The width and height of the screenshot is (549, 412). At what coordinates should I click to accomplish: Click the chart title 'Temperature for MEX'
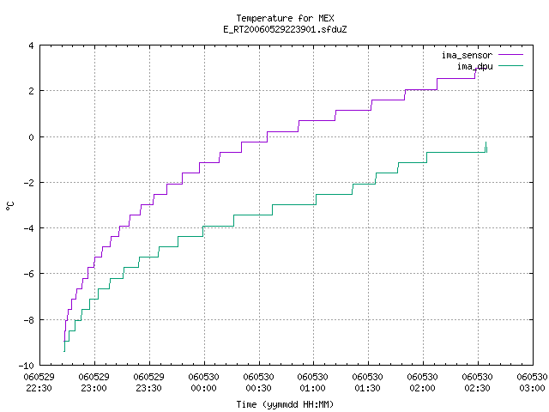(x=285, y=18)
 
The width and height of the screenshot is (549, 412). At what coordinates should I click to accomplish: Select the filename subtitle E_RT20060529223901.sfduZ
(x=285, y=29)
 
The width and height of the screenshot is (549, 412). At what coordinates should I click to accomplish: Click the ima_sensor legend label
(x=467, y=55)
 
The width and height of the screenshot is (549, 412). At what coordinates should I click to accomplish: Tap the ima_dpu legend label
(x=475, y=66)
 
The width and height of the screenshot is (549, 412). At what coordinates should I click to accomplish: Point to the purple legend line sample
(x=510, y=55)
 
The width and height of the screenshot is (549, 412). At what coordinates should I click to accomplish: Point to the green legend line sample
(x=510, y=65)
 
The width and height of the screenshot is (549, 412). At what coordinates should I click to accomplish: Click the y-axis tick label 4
(x=31, y=45)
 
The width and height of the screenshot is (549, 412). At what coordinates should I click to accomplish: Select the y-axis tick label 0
(x=31, y=137)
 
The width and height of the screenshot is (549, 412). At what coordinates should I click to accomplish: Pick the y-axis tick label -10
(x=26, y=366)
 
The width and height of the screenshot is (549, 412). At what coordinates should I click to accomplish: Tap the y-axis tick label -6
(x=28, y=274)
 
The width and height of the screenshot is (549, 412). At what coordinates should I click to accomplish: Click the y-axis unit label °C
(x=9, y=206)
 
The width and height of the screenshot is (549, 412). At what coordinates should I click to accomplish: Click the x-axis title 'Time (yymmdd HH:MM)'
(x=285, y=404)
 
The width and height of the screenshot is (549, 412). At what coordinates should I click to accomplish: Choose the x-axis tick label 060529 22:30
(x=39, y=383)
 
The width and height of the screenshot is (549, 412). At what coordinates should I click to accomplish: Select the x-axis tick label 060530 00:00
(x=204, y=383)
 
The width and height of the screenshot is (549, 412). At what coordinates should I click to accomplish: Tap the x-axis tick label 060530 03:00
(x=532, y=383)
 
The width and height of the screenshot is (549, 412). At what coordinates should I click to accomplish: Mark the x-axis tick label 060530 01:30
(x=368, y=383)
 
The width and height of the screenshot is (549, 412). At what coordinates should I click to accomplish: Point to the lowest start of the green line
(x=64, y=351)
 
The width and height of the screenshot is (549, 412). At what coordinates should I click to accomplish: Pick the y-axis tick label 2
(x=31, y=91)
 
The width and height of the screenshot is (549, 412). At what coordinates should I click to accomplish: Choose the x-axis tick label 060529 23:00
(x=94, y=383)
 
